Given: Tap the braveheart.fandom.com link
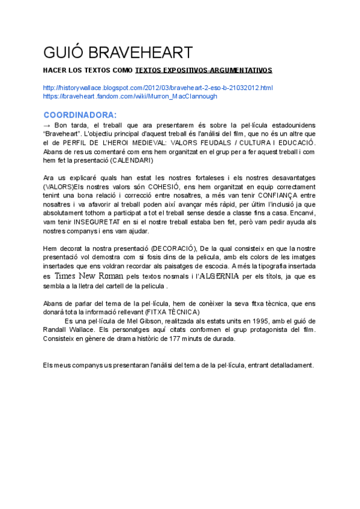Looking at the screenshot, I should pos(130,96).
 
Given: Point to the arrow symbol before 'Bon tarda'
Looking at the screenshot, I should pos(48,125).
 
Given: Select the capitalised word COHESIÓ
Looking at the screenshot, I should pos(170,187).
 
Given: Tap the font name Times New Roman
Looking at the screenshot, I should pos(89,276).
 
